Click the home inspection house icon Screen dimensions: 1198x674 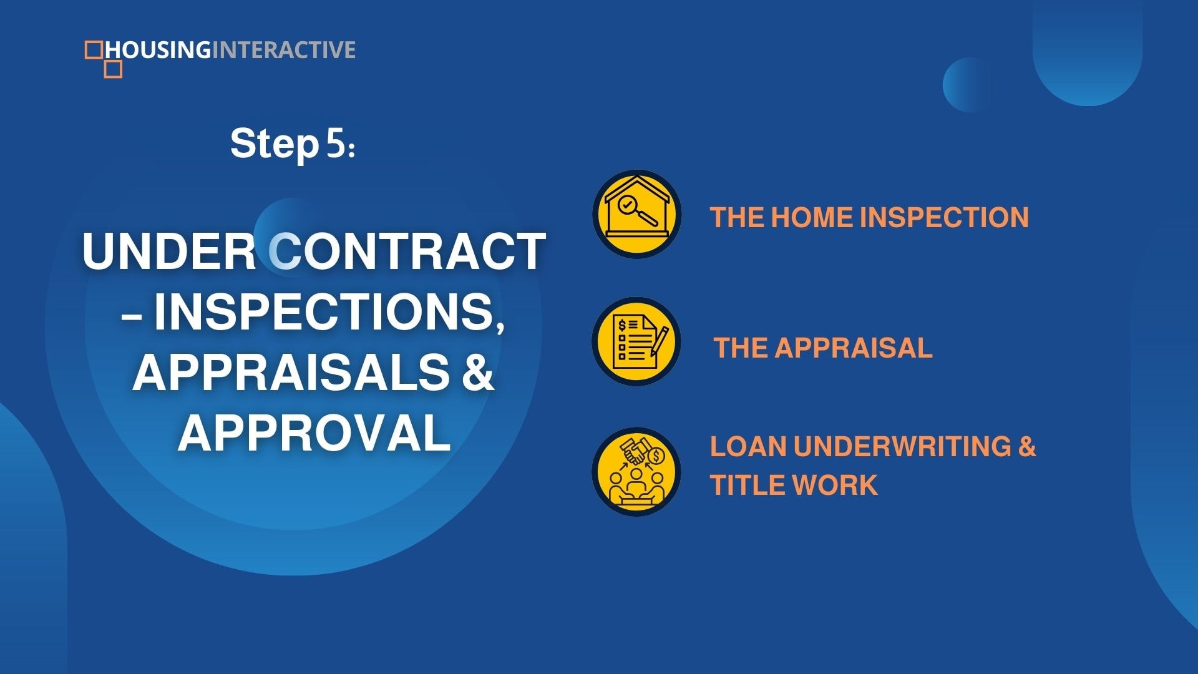[x=636, y=214]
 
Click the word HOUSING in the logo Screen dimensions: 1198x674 [x=159, y=50]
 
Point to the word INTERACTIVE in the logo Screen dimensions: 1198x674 [x=284, y=50]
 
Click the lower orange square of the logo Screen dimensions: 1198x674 [x=113, y=69]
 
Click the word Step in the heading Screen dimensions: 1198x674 [x=275, y=145]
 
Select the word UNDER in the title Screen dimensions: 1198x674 [x=168, y=251]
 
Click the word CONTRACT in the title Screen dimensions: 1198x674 [x=407, y=251]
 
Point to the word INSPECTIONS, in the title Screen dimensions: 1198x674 [x=329, y=312]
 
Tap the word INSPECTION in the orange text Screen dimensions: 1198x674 [x=944, y=217]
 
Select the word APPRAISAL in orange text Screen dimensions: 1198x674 [x=853, y=348]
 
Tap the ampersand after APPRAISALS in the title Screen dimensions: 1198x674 [x=479, y=373]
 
